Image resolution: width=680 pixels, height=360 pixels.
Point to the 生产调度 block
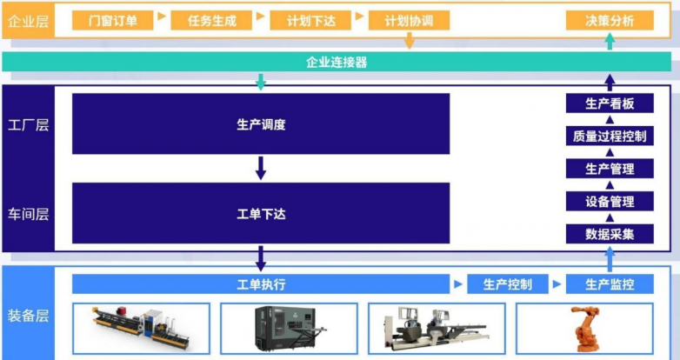pos(261,124)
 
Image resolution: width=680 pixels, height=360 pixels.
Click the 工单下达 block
pos(261,213)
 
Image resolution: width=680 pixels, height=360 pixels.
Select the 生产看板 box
pos(610,103)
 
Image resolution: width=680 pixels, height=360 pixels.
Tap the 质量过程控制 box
pos(610,136)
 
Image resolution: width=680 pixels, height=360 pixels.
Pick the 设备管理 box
pos(610,201)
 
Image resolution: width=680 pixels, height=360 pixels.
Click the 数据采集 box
pos(610,233)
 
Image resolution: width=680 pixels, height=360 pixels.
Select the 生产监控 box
pos(610,284)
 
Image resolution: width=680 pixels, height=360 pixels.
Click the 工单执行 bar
pos(261,284)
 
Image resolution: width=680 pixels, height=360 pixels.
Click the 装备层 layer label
pos(28,316)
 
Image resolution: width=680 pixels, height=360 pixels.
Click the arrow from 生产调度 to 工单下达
pos(261,168)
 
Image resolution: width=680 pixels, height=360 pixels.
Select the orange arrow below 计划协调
pos(410,41)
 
